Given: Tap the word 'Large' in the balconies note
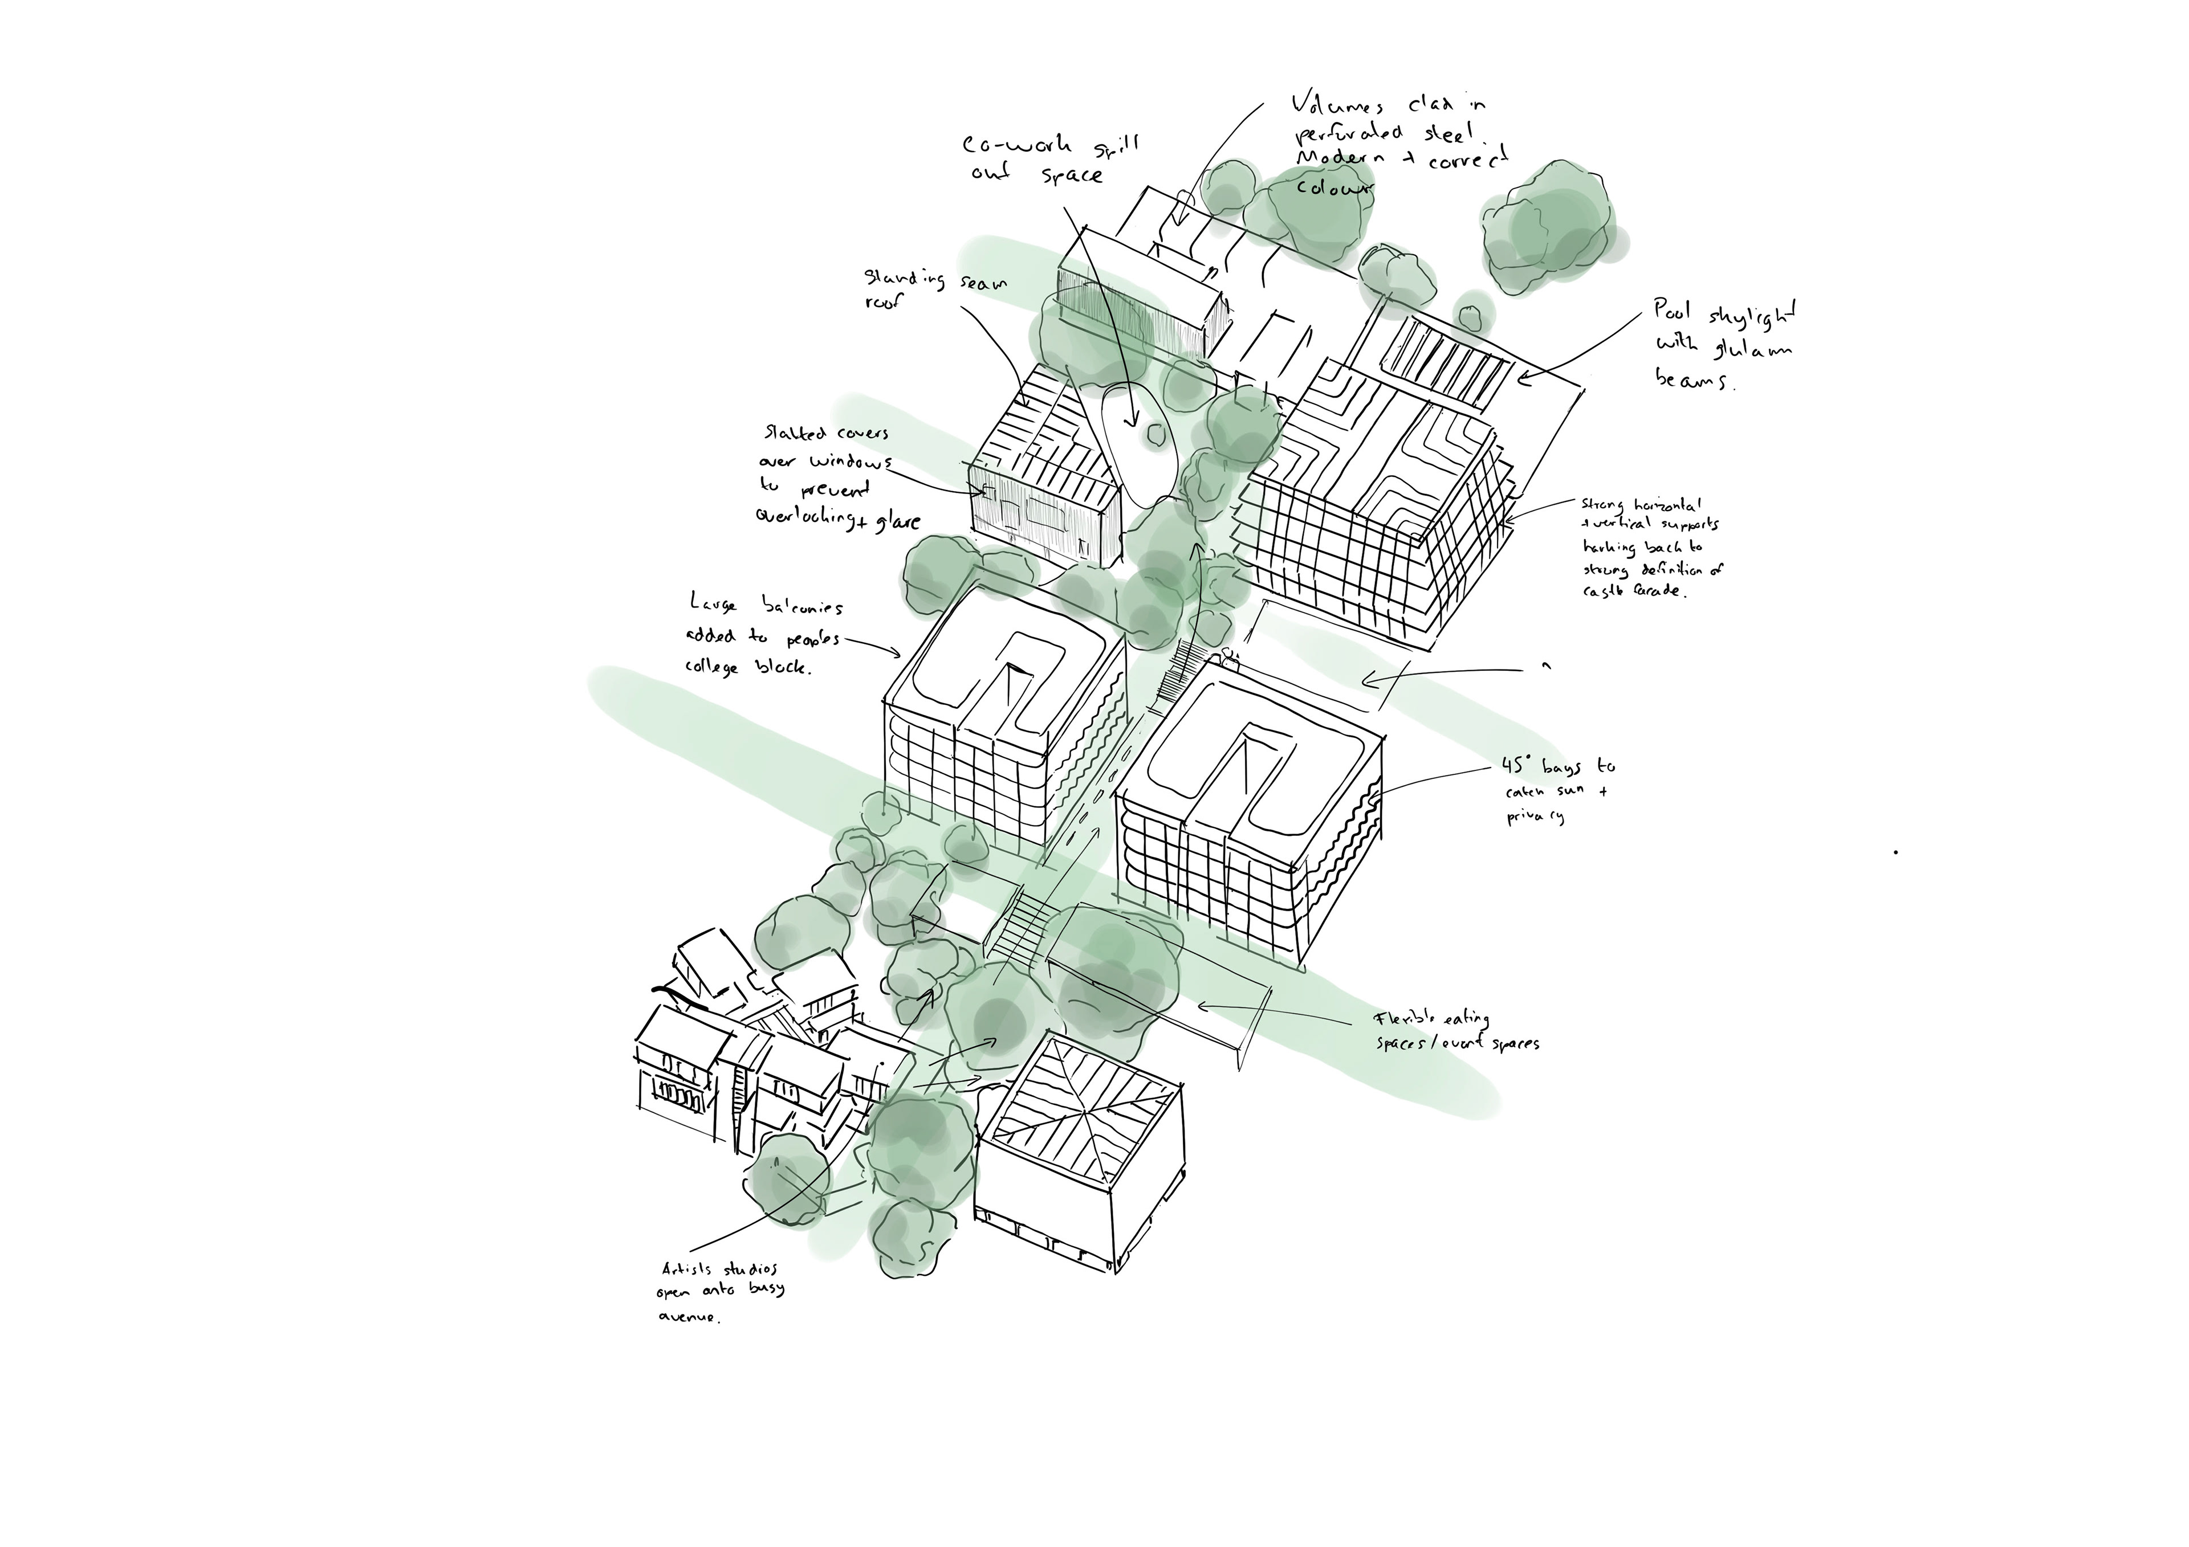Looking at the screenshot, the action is coord(714,602).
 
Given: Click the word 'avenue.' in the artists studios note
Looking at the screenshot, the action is coord(689,1319).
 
